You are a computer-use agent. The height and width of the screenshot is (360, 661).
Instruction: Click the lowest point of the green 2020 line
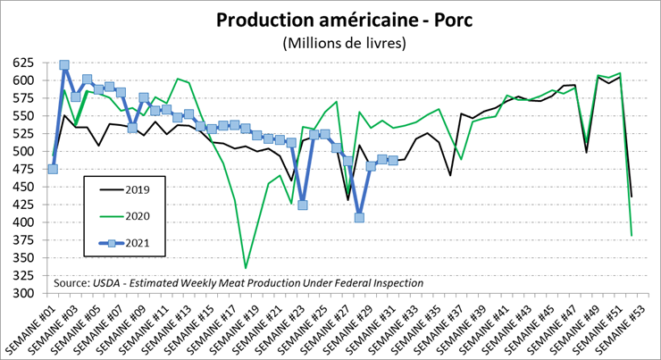[x=246, y=268]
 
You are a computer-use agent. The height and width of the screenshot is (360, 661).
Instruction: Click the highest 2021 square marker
[x=64, y=65]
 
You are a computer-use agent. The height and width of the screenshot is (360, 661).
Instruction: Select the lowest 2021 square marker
[x=359, y=217]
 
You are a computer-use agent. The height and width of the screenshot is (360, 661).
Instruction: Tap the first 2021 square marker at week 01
[x=53, y=169]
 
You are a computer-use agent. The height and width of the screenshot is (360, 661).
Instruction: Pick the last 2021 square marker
[x=393, y=160]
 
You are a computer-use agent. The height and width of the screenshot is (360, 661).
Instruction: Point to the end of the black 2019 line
[x=632, y=197]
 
